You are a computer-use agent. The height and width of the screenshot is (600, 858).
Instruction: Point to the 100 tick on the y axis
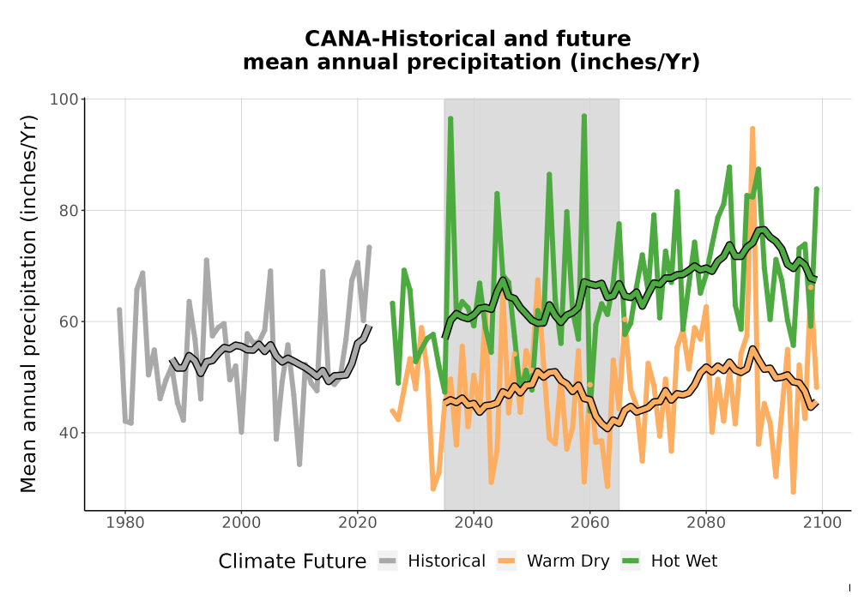[x=64, y=99]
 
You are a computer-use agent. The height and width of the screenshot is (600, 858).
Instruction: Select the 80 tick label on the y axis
[x=69, y=210]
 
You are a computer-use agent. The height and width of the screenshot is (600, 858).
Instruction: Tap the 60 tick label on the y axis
[x=69, y=322]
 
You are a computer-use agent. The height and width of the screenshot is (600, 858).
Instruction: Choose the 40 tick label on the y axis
[x=69, y=433]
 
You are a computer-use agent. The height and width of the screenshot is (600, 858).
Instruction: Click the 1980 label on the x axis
[x=124, y=523]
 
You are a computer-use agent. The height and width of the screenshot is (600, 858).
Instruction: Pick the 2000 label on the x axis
[x=241, y=523]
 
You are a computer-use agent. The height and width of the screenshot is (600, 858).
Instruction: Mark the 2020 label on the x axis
[x=357, y=523]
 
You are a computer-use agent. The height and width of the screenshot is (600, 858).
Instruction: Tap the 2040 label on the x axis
[x=474, y=523]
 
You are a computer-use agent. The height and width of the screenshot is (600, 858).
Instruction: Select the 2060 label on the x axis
[x=590, y=523]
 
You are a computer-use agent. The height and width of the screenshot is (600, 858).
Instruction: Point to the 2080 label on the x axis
[x=706, y=523]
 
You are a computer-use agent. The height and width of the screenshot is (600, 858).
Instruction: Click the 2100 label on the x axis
[x=823, y=523]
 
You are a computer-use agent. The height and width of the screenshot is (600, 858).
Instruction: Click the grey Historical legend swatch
[x=388, y=561]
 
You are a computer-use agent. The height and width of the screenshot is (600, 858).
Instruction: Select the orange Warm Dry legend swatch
[x=506, y=561]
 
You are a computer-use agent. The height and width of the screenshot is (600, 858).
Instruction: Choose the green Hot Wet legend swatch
[x=631, y=561]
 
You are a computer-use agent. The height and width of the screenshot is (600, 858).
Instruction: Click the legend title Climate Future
[x=293, y=561]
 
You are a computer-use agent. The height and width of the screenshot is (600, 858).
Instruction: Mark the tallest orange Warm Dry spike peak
[x=752, y=129]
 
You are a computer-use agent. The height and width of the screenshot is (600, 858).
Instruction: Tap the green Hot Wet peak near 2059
[x=584, y=117]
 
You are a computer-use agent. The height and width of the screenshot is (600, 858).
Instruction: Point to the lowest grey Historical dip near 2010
[x=299, y=464]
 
